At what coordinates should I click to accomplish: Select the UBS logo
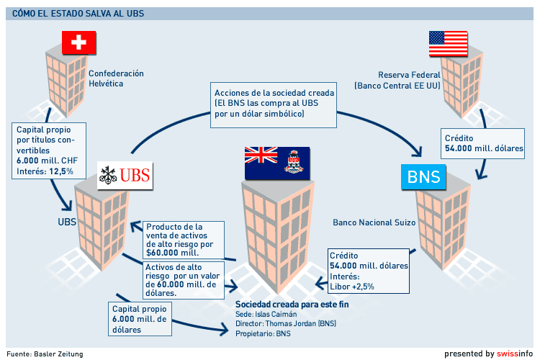point(126,175)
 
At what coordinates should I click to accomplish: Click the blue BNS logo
point(424,177)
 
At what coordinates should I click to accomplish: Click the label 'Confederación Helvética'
point(116,78)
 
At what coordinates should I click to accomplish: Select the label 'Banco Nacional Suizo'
point(374,222)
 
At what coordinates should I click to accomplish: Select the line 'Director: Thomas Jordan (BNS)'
point(286,324)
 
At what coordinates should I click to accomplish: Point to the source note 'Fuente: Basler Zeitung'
point(45,354)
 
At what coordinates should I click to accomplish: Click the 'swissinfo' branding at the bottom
point(515,354)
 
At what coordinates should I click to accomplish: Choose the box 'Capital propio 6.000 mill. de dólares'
point(140,318)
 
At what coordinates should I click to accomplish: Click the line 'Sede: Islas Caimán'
point(266,314)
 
